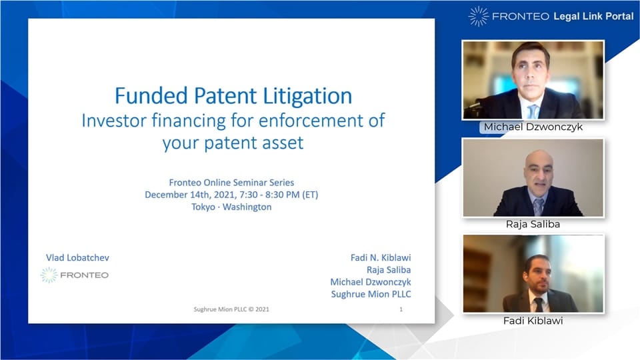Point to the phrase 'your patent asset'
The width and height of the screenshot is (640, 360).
(x=233, y=143)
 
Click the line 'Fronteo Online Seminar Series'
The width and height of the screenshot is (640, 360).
(x=231, y=183)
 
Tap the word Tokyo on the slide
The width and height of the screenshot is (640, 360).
(x=203, y=207)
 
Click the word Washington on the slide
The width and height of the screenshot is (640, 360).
(x=247, y=207)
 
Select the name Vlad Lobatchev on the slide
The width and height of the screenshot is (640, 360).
(x=77, y=257)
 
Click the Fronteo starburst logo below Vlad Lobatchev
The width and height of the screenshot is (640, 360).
(x=49, y=275)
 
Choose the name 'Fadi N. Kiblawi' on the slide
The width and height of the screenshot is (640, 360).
(x=381, y=257)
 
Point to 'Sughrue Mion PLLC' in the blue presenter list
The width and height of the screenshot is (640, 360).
(x=371, y=294)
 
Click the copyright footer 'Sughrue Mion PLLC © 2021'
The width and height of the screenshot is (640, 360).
(x=231, y=309)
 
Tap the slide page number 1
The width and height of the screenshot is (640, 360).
(x=401, y=309)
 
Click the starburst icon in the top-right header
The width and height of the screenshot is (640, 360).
(x=478, y=16)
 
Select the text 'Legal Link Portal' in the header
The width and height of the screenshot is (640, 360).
(x=593, y=16)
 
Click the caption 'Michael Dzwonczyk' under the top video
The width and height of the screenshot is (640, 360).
(x=533, y=127)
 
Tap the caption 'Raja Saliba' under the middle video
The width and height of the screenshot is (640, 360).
(x=533, y=224)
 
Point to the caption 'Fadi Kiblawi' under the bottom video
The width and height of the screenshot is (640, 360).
(x=533, y=321)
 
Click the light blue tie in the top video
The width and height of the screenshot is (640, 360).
(x=533, y=111)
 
